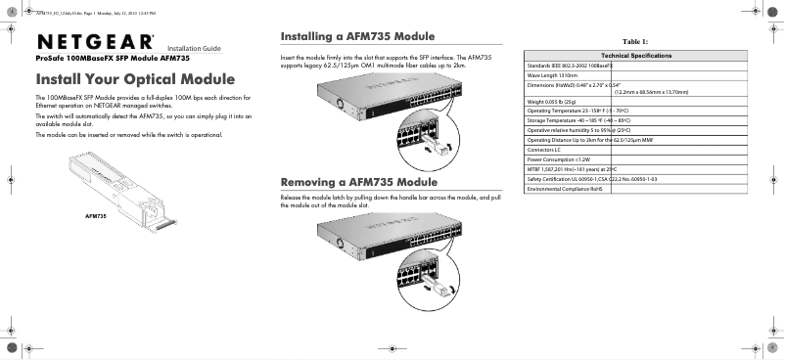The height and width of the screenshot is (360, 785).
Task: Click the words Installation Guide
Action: [194, 48]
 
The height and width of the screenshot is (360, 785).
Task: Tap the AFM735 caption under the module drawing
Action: [96, 214]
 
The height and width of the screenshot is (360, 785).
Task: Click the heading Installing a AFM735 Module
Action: [357, 36]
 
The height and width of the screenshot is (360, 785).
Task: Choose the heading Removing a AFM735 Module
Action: [358, 183]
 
